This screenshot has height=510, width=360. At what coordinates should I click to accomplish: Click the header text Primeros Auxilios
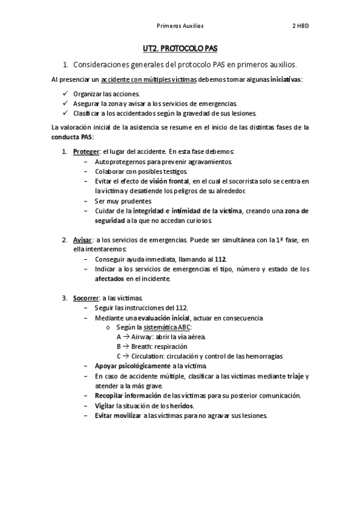coord(180,26)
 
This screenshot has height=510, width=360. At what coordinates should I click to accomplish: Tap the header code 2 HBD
coord(301,26)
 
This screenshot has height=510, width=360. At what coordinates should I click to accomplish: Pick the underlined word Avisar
coord(82,240)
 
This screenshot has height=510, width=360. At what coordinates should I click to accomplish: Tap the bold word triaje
coord(293,376)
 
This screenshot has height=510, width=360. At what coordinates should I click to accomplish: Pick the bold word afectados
coord(109,278)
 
